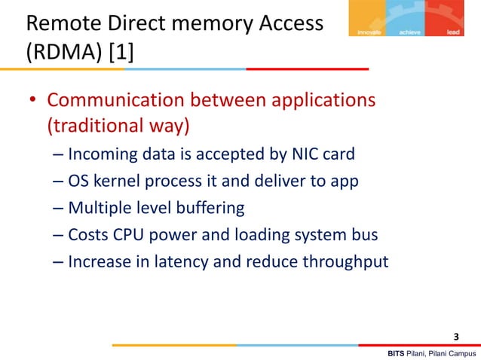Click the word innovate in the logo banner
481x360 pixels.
(367, 32)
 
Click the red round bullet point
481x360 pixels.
(32, 102)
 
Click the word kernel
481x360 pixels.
(121, 182)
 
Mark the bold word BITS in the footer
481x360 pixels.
(397, 353)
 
